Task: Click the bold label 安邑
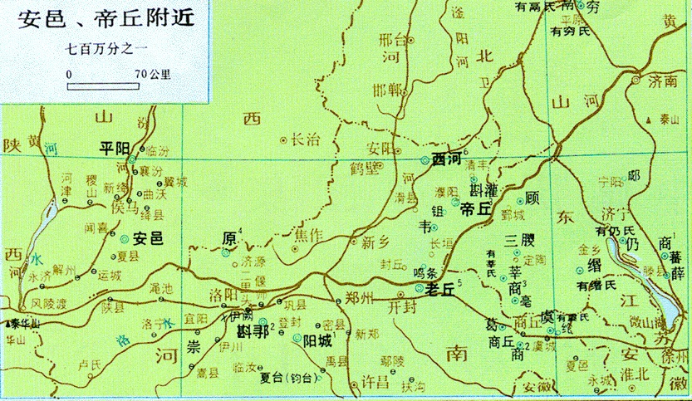[147, 237]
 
